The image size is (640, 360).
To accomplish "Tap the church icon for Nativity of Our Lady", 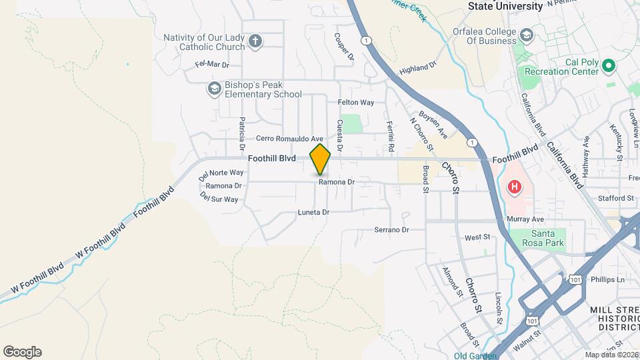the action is [255, 42].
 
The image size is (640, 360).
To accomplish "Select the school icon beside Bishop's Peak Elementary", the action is [214, 89].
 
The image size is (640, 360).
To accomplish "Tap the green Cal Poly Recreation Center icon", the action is [607, 66].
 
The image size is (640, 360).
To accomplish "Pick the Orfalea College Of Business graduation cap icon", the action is [526, 35].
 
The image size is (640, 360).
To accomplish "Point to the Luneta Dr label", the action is [313, 212].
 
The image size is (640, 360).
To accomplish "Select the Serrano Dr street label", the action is [390, 230].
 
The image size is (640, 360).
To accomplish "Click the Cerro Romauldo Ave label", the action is [290, 139].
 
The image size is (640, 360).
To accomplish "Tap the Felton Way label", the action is [356, 103].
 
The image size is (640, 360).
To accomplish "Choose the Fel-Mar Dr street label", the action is [212, 65].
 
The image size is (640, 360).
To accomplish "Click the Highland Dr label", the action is [417, 68].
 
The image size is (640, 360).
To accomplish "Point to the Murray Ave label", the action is [525, 219].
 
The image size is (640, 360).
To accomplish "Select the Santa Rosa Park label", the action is [547, 238].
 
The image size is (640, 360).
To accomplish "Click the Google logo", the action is [22, 352].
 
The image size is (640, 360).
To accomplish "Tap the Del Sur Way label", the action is [219, 199].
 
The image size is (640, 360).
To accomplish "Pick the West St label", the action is [477, 237].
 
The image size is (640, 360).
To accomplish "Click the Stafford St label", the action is [616, 198].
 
